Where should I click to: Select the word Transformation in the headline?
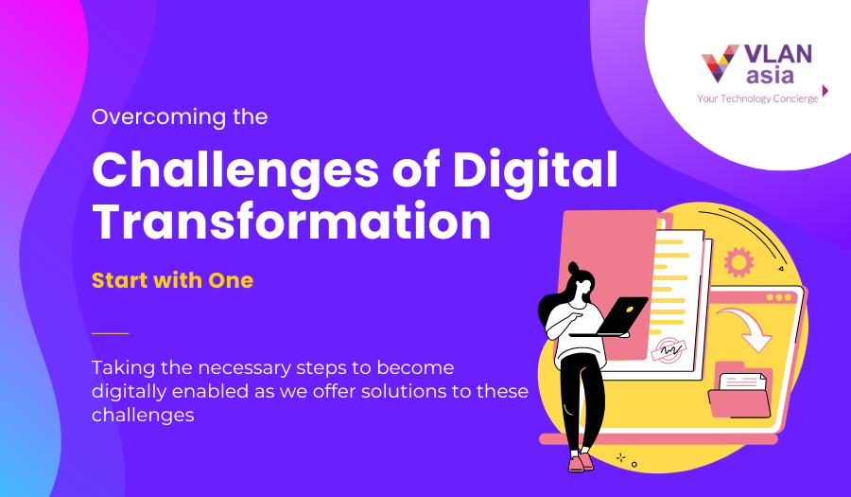(x=291, y=223)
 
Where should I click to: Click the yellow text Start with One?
(x=172, y=280)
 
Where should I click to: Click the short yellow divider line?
(x=110, y=333)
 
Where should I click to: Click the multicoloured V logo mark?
(x=720, y=63)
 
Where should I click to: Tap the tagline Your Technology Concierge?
(x=757, y=98)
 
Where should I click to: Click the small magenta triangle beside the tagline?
(x=825, y=91)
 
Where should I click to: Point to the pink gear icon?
(x=738, y=259)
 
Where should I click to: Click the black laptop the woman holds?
(x=620, y=316)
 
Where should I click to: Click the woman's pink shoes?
(x=581, y=462)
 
